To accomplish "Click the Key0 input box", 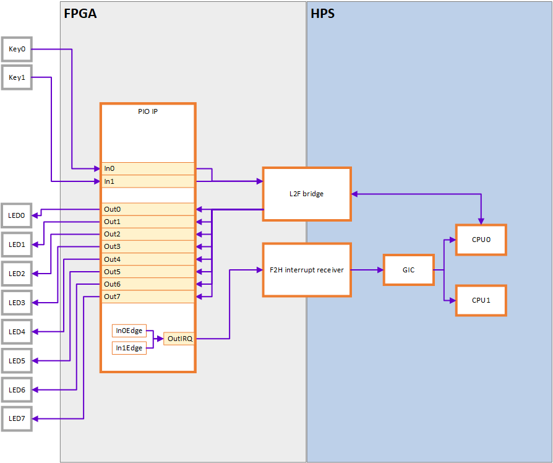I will point(17,48).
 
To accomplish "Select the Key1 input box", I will point(17,77).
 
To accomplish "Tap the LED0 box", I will point(17,215).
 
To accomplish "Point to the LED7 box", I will point(17,419).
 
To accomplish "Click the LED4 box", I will point(17,332).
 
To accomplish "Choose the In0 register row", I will point(148,168).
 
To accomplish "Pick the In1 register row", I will point(148,181).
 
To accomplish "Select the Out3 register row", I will point(148,246).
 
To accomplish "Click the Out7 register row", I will point(148,296).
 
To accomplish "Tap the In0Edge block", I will point(129,331).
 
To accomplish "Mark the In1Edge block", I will point(129,348).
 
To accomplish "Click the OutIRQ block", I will point(179,339).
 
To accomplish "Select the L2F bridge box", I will point(307,194).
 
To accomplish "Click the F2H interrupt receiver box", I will point(307,270).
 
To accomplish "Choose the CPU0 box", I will point(481,240).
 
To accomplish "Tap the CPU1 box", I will point(481,300).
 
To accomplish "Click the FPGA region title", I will point(80,14).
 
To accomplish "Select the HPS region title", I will point(323,14).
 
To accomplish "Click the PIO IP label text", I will point(148,112).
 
